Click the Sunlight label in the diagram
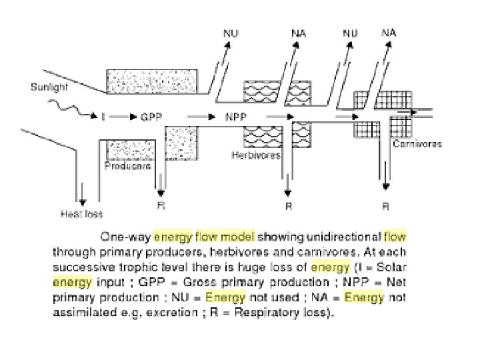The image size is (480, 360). point(49,87)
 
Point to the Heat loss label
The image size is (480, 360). point(82,214)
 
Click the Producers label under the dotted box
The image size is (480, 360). point(127,166)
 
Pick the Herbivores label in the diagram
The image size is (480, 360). point(256,155)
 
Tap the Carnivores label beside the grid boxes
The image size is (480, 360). point(417,144)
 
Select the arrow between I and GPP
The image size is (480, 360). point(122,117)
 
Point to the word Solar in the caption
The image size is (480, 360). point(386,267)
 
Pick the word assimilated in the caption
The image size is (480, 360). point(79,312)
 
